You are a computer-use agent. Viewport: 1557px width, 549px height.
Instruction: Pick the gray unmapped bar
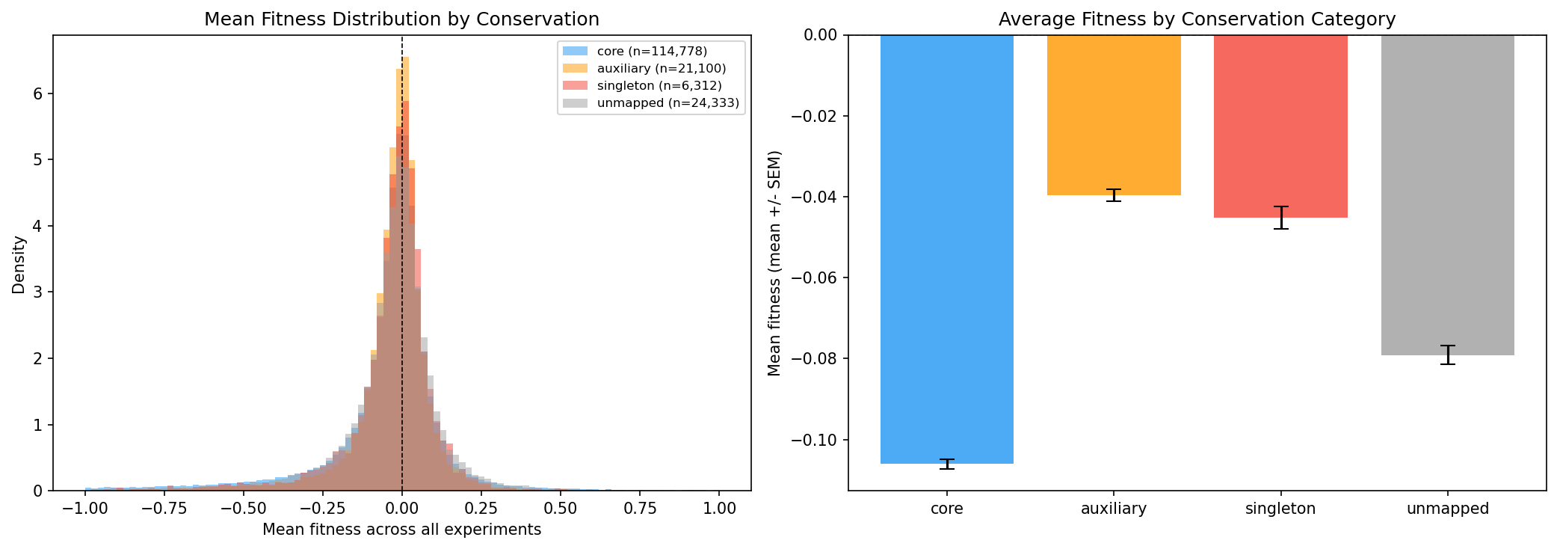1447,194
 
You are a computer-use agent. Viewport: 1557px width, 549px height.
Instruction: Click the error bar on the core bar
946,464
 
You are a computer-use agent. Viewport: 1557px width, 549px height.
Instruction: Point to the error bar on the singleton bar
1280,218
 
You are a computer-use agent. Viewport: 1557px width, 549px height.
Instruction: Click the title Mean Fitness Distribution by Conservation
401,19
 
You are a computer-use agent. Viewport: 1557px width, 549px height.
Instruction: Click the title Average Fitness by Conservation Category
1197,19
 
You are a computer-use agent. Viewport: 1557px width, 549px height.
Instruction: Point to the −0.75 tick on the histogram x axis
164,509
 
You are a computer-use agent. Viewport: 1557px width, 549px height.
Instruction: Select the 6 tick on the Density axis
37,93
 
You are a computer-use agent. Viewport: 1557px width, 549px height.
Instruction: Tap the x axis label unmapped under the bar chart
1447,509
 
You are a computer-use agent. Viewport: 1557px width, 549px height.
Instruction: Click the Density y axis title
19,265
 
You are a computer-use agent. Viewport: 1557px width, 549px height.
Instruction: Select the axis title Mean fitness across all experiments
401,530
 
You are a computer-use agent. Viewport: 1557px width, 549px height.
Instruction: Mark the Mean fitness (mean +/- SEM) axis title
774,263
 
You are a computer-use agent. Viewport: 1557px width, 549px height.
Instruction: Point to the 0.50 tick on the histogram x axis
560,509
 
